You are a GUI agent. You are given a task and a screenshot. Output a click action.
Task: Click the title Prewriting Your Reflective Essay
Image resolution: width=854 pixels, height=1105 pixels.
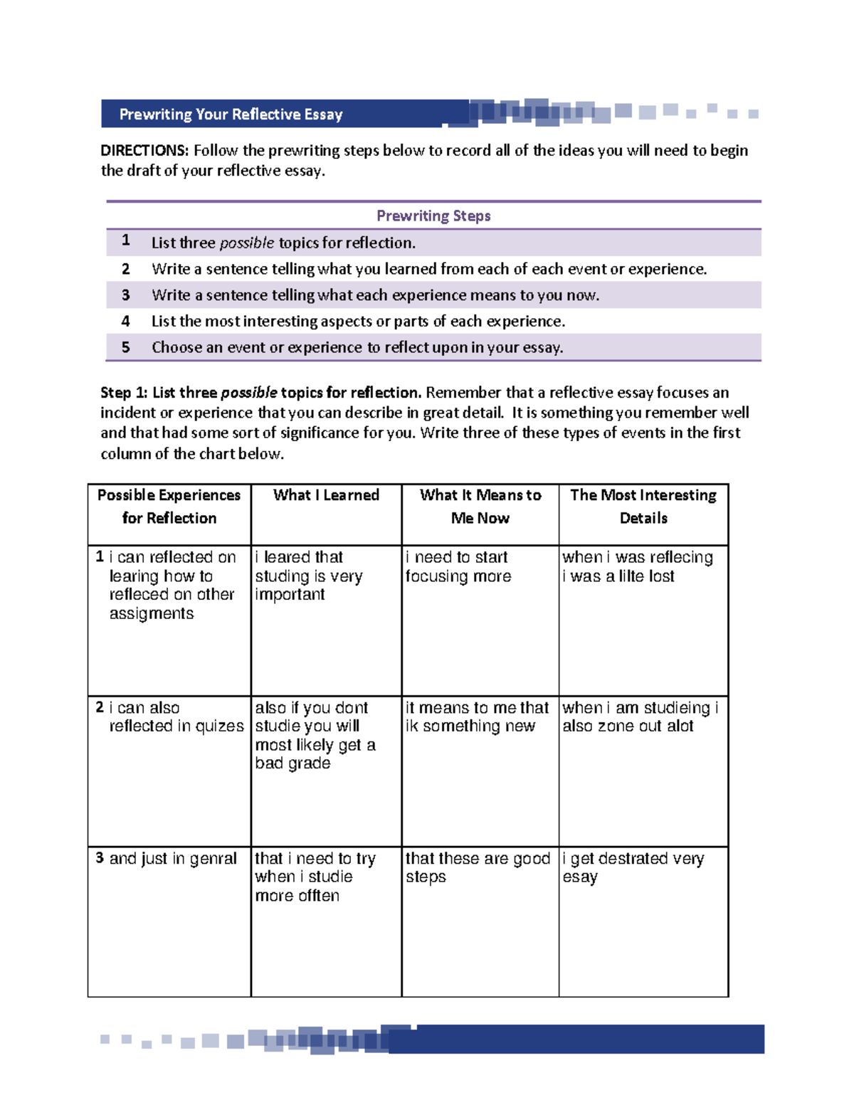point(231,115)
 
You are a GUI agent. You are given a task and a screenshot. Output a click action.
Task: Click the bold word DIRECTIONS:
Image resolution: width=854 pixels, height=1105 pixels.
point(144,150)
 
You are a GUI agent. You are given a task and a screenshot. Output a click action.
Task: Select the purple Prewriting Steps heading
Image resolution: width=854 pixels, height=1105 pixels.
point(433,216)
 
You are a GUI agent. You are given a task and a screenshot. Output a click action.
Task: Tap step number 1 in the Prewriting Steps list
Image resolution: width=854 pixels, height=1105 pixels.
point(126,241)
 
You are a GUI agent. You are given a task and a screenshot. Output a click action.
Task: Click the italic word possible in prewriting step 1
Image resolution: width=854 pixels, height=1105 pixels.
point(246,243)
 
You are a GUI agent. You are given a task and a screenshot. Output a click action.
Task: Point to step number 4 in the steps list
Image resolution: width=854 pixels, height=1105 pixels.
point(126,321)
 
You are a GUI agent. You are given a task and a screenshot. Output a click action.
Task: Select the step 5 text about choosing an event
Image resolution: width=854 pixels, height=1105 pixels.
point(357,347)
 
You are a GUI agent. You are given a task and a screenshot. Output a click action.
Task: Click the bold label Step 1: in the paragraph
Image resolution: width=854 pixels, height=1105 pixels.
point(124,393)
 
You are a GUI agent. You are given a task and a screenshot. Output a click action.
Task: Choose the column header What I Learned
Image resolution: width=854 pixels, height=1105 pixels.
point(326,495)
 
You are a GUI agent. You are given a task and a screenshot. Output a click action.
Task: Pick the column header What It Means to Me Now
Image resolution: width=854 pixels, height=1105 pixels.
point(480,506)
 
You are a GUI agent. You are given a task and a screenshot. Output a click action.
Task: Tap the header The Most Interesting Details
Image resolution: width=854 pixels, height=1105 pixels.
point(643,506)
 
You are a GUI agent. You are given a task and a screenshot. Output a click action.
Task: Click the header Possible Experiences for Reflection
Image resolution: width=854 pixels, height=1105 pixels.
point(169,506)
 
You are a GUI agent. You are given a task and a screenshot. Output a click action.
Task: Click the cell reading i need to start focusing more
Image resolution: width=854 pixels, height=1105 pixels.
point(458,567)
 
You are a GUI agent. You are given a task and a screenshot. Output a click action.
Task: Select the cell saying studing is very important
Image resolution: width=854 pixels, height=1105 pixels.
point(309,576)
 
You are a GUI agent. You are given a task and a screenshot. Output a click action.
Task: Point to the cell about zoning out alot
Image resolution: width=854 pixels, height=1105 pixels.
point(639,717)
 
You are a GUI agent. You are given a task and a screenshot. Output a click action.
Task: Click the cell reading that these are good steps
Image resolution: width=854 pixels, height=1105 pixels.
point(477,867)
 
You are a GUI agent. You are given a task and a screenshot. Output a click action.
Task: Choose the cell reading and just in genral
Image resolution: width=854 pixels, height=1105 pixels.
point(173,859)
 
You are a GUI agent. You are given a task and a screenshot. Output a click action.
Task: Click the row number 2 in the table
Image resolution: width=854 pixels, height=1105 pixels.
point(100,707)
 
